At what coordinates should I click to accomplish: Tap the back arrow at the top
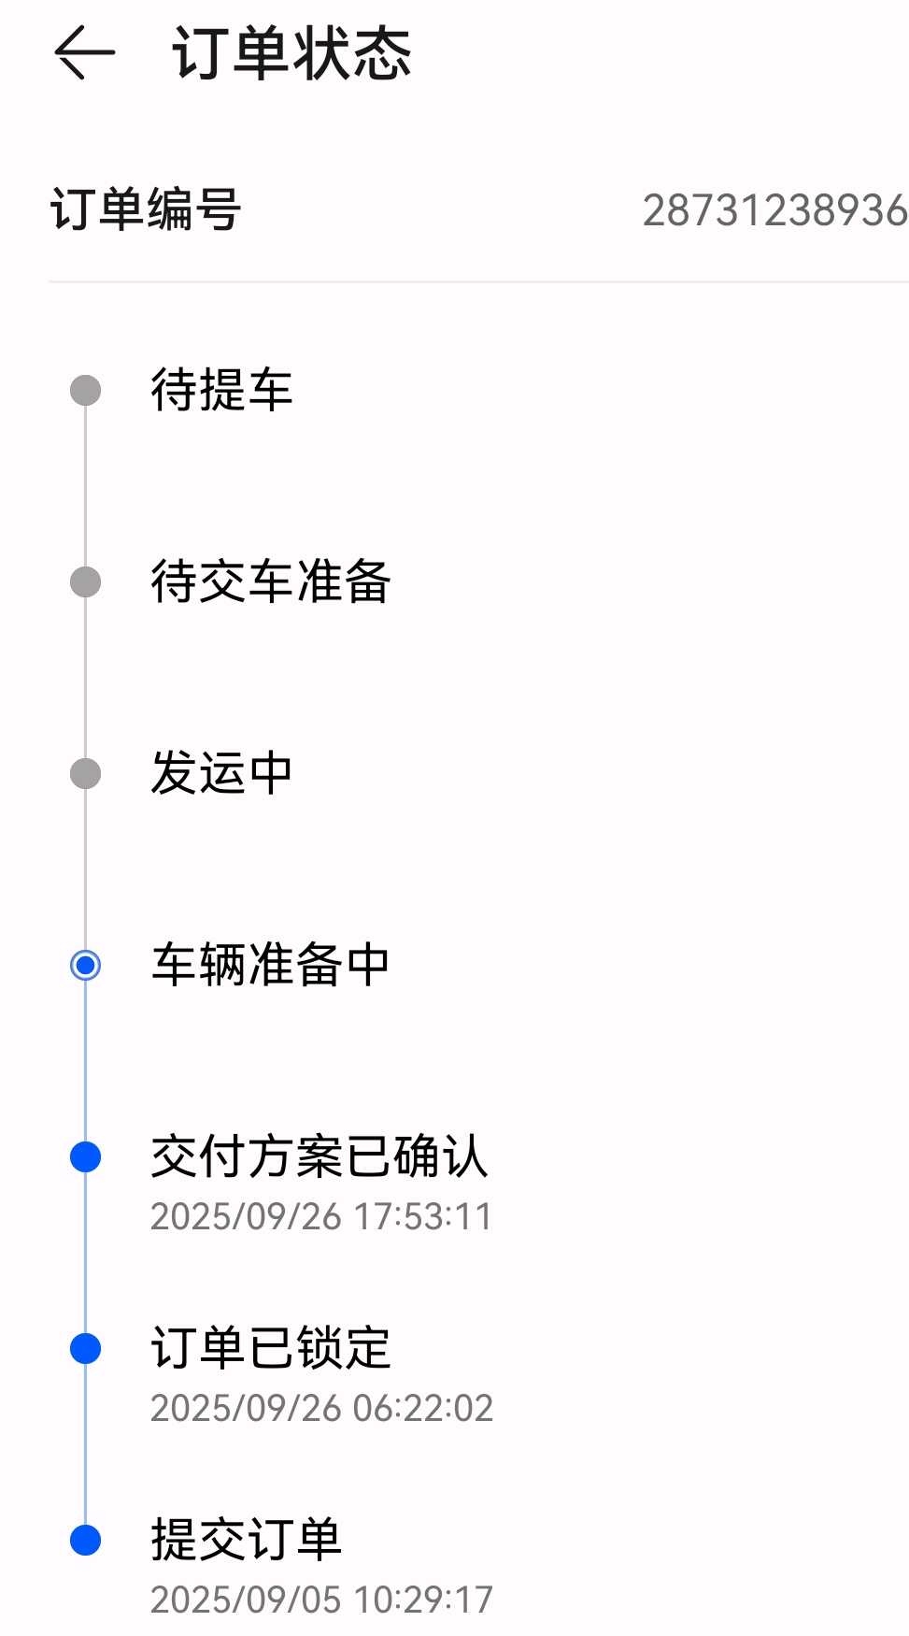[x=84, y=52]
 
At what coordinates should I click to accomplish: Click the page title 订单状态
[x=291, y=53]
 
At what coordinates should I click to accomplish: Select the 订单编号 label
[x=146, y=209]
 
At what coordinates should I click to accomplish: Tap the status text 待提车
[x=221, y=390]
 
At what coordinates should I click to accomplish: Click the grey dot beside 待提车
[x=86, y=390]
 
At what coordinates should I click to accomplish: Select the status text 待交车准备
[x=270, y=581]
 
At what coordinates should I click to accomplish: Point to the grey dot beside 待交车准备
[x=86, y=581]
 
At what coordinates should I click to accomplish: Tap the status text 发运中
[x=221, y=773]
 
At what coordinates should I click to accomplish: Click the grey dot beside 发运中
[x=86, y=773]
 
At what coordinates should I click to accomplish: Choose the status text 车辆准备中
[x=270, y=965]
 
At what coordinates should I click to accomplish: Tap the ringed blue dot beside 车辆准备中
[x=86, y=965]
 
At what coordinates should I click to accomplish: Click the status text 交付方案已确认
[x=319, y=1156]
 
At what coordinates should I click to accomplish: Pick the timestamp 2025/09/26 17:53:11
[x=320, y=1216]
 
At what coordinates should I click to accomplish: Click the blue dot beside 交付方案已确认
[x=86, y=1156]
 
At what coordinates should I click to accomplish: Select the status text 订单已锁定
[x=270, y=1348]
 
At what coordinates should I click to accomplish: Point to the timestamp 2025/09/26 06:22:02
[x=321, y=1408]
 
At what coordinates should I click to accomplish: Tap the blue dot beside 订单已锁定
[x=86, y=1348]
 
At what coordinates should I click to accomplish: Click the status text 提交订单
[x=246, y=1540]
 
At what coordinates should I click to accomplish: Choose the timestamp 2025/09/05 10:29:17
[x=321, y=1600]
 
